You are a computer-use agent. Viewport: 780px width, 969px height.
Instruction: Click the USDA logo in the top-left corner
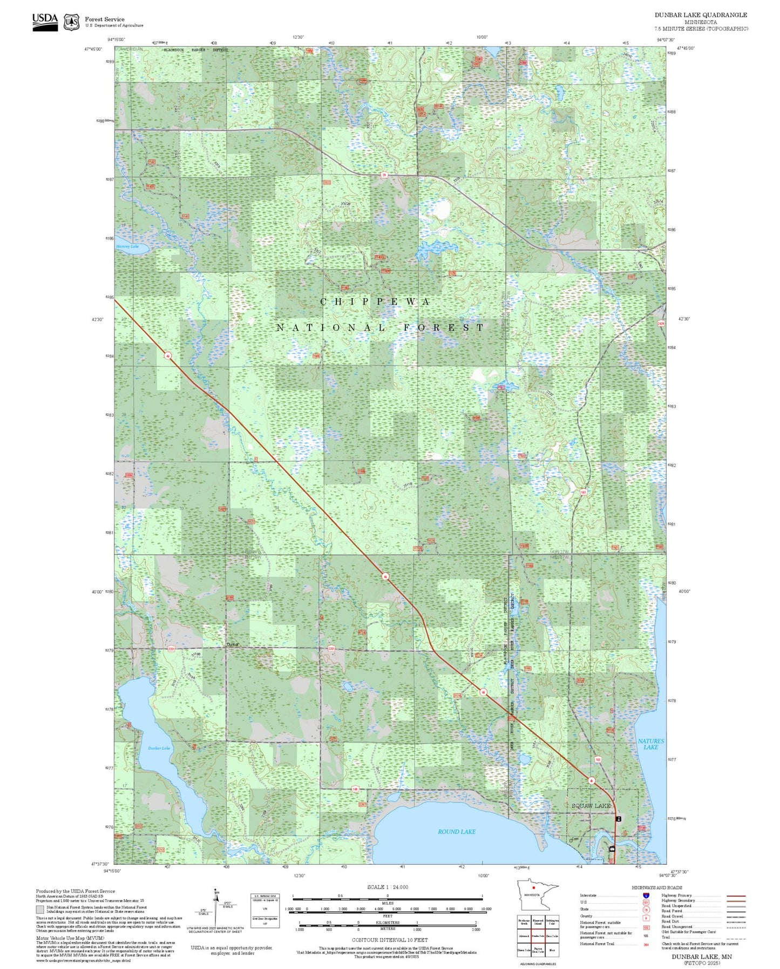coord(45,21)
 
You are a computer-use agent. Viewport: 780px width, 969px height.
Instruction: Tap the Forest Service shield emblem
coord(71,22)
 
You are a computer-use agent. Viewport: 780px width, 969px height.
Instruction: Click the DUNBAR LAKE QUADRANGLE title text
coord(701,15)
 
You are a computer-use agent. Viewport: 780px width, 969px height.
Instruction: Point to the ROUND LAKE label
coord(457,832)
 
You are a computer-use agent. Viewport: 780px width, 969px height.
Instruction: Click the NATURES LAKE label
coord(651,744)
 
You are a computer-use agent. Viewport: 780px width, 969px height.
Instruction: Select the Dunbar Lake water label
coord(159,748)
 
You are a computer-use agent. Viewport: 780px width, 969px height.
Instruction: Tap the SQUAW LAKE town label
coord(591,806)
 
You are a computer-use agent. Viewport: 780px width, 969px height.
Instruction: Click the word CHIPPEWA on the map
coord(375,302)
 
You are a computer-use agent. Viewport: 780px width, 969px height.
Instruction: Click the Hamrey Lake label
coord(127,246)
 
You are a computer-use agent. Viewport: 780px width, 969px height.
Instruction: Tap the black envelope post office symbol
coord(612,849)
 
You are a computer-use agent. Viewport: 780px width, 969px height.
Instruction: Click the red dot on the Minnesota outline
coord(533,903)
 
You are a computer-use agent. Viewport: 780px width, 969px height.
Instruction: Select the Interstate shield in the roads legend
coord(646,896)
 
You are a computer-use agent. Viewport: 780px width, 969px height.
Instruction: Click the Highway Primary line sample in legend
coord(736,896)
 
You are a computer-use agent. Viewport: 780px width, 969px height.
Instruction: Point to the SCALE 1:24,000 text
coord(388,887)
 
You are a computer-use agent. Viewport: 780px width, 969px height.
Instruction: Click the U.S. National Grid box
coord(264,911)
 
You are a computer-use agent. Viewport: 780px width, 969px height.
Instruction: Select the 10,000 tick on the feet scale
coord(486,909)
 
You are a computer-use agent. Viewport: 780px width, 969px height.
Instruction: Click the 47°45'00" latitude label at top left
coord(93,49)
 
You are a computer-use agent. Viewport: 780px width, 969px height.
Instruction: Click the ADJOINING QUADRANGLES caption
coord(538,964)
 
